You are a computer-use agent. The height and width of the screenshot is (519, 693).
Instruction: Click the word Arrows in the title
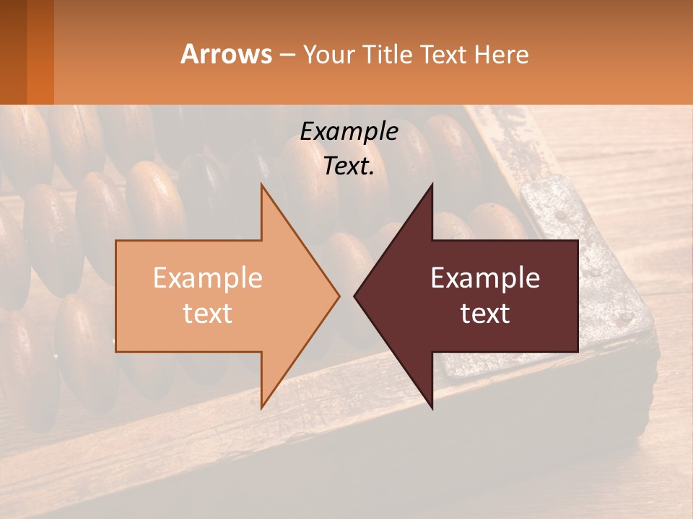227,54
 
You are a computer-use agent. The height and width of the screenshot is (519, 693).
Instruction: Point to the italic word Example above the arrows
349,131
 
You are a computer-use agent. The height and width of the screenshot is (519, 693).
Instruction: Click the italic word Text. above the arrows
349,167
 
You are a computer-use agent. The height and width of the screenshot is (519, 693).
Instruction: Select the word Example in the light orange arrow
208,278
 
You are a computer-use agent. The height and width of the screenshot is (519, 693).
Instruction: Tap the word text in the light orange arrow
208,314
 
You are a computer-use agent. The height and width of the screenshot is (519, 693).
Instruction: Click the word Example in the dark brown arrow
485,278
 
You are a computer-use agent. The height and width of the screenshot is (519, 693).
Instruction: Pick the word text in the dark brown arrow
485,314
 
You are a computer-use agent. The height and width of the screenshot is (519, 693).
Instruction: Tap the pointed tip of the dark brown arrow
355,296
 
